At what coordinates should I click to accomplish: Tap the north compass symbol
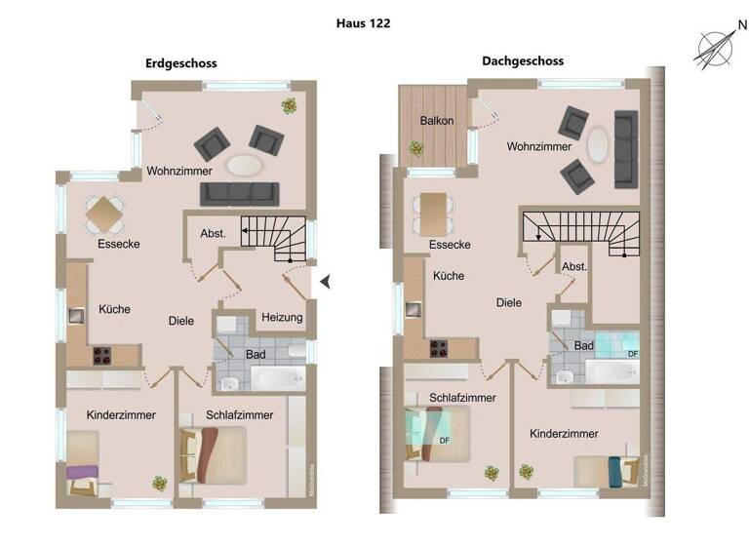(x=715, y=47)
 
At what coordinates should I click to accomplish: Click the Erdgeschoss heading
(x=180, y=63)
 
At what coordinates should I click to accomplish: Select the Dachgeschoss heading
(x=522, y=60)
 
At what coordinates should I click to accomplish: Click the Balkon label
(x=436, y=121)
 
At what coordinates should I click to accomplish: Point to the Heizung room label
(x=282, y=318)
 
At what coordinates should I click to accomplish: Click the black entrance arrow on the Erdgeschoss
(x=327, y=283)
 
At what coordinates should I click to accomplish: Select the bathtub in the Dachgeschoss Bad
(x=611, y=370)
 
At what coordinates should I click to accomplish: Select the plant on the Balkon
(x=416, y=148)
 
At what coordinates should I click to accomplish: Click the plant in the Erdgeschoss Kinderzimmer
(x=159, y=482)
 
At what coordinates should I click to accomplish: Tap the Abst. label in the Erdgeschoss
(x=213, y=234)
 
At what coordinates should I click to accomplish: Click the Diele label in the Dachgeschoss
(x=508, y=303)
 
